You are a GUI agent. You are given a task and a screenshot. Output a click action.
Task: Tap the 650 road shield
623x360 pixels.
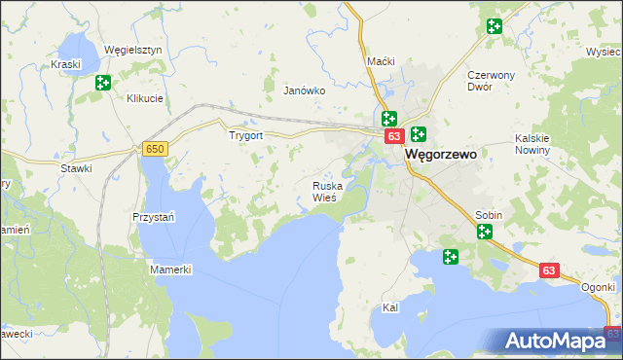154,148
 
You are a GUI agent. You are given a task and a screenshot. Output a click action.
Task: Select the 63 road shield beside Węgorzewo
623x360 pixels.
392,137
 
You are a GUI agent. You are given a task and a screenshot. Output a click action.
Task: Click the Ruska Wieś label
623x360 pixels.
324,191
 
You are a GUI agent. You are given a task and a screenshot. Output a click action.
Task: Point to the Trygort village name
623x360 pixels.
245,136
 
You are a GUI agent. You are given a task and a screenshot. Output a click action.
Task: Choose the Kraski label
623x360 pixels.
64,64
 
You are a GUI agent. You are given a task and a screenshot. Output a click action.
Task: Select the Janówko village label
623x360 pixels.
303,90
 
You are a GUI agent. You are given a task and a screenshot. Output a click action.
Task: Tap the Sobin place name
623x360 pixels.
488,213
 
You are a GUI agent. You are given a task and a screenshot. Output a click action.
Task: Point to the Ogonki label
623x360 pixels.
600,287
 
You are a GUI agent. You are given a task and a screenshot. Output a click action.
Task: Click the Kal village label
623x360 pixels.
390,307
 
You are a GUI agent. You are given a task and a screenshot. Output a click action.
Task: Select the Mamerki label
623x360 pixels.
170,269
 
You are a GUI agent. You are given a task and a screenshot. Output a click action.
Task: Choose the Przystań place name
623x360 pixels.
153,217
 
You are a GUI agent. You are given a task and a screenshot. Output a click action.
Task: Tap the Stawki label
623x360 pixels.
76,168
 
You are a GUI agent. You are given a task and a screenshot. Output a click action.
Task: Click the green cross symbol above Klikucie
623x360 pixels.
103,84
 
